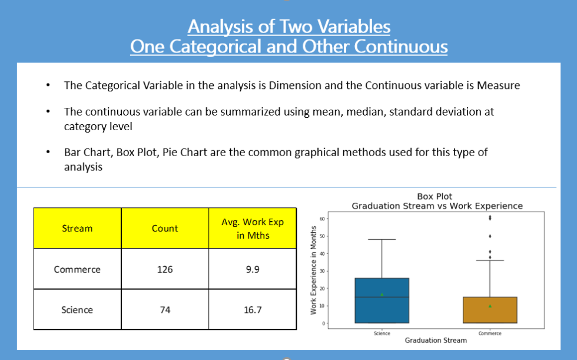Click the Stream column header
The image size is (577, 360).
77,228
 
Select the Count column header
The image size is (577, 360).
165,228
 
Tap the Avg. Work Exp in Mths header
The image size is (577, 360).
253,229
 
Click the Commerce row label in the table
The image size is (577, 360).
77,269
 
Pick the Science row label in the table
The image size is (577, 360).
77,309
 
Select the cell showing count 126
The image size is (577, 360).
165,269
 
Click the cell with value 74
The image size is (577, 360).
165,309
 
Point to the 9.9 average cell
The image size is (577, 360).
253,269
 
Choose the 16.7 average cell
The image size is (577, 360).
253,309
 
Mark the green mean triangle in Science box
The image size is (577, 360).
382,294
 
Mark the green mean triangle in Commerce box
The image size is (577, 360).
490,306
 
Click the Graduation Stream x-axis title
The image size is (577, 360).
436,340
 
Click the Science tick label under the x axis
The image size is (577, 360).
382,333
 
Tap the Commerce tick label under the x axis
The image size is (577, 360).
490,333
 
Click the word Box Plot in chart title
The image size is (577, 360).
435,196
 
